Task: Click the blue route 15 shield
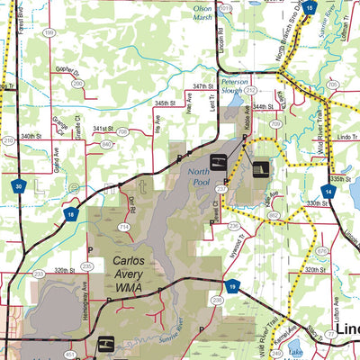(310, 8)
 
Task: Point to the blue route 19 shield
(232, 286)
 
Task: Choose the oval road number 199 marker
(49, 32)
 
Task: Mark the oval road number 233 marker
(39, 273)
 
